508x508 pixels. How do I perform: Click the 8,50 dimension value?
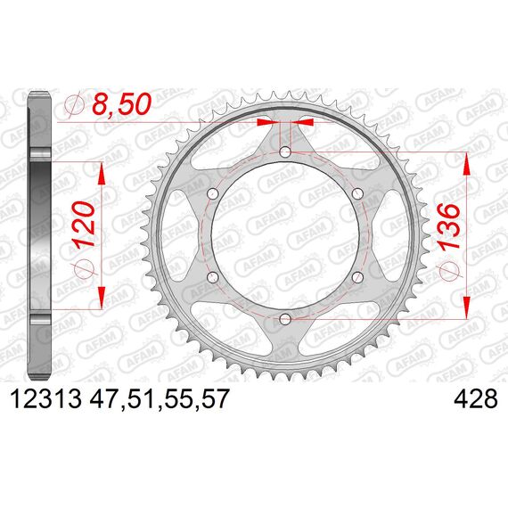(122, 104)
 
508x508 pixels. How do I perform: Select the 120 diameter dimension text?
(83, 225)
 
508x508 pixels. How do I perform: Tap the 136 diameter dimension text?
(448, 225)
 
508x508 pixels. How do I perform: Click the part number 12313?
(46, 398)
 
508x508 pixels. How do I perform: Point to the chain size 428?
(476, 398)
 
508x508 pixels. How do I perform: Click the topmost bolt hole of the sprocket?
(285, 152)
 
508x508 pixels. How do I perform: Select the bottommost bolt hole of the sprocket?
(285, 319)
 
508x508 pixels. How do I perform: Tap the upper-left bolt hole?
(212, 194)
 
